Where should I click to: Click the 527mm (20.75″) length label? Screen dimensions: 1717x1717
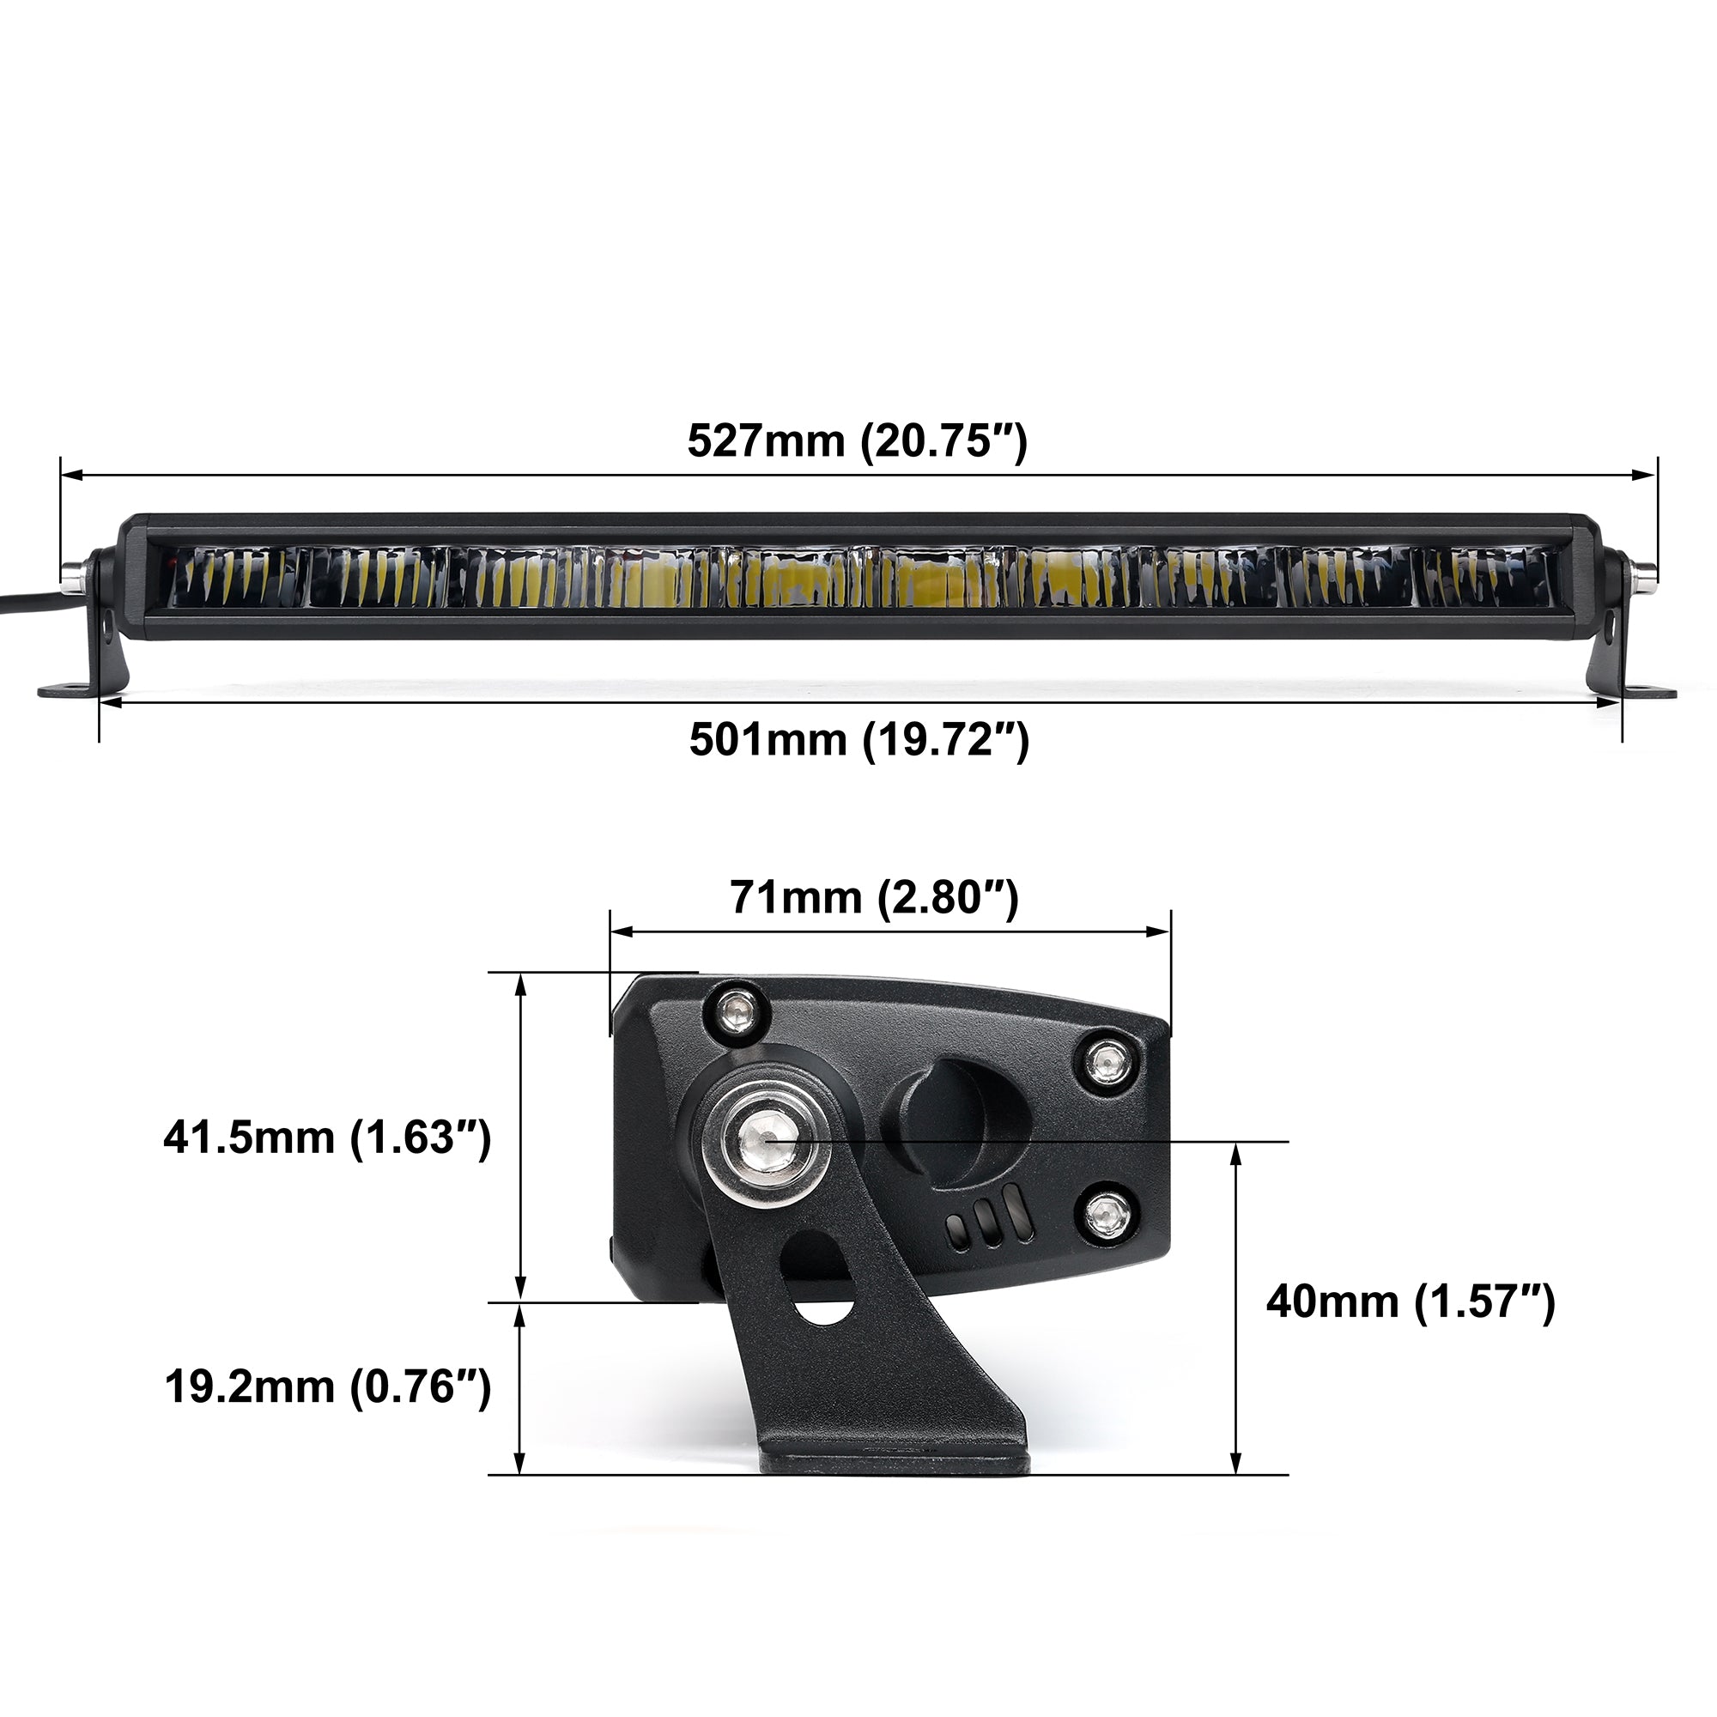[x=857, y=440]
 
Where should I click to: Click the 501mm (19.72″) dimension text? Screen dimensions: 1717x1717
[x=858, y=739]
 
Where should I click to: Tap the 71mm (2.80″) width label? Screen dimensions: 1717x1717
[x=874, y=898]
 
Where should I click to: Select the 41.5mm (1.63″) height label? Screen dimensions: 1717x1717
[x=327, y=1138]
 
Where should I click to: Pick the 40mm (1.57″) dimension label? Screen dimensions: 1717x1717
[x=1411, y=1303]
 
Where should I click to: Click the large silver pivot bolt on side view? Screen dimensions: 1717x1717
[x=767, y=1138]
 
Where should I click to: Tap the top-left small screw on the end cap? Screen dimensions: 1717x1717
[x=735, y=1010]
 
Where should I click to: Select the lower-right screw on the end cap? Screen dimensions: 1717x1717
[x=1107, y=1212]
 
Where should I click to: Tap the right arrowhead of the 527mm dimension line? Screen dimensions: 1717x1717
[x=1644, y=476]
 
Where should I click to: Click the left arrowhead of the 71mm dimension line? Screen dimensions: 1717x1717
[x=621, y=931]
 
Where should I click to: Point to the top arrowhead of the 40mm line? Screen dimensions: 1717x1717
[x=1235, y=1153]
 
